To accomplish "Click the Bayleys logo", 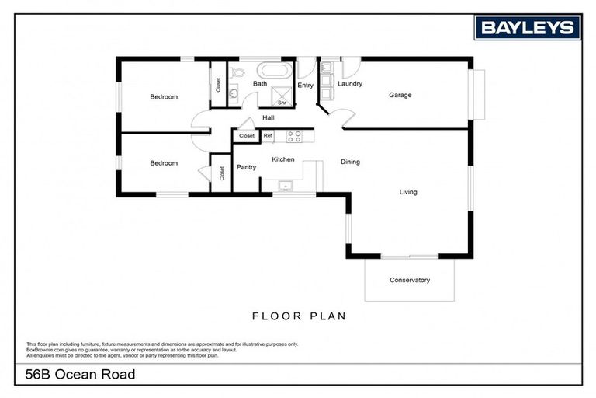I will pos(529,28).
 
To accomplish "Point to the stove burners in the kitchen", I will pos(295,136).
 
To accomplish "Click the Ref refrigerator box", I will pos(268,136).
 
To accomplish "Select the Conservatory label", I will pos(409,280).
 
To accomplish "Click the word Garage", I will pos(400,95).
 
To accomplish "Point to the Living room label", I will pos(408,192).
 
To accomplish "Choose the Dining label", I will pos(350,162).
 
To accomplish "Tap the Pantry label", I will pos(246,166).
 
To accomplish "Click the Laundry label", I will pos(350,83).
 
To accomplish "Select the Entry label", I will pos(305,86).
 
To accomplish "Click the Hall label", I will pos(269,117).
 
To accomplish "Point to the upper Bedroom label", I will pos(164,97).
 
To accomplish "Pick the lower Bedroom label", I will pos(164,163).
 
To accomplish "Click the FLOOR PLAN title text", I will pos(299,316).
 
